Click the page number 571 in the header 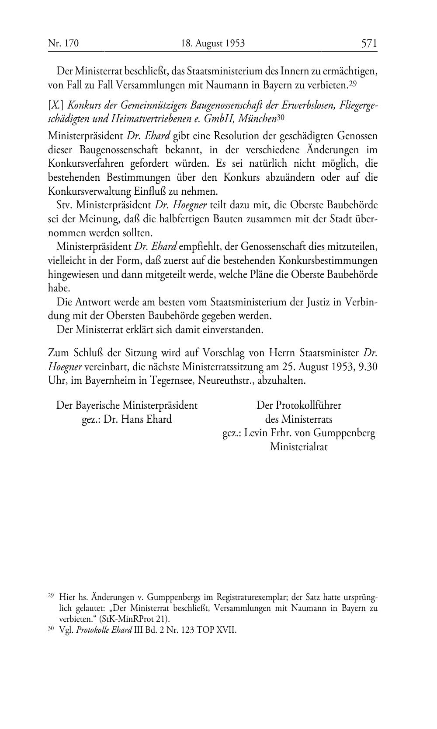pos(369,43)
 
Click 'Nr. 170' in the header pos(63,43)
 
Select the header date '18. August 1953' pos(213,43)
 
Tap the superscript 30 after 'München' pos(281,117)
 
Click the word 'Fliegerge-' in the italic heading pos(356,105)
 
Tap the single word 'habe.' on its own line pos(59,289)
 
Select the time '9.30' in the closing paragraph pos(368,367)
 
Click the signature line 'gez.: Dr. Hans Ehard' pos(127,419)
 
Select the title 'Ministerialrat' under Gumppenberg pos(298,447)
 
